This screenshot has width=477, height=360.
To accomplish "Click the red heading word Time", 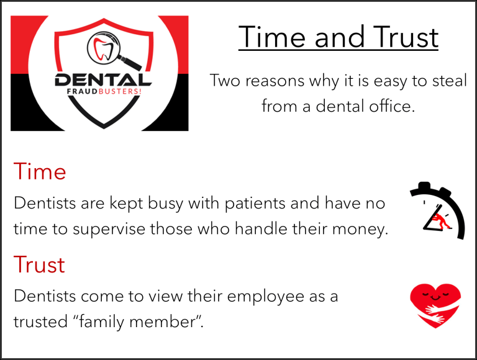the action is pos(40,171).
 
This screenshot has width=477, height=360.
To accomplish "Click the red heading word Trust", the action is pos(39,264).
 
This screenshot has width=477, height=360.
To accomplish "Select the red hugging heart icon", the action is pos(435,305).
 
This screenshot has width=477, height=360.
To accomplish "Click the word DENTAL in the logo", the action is pos(103,80).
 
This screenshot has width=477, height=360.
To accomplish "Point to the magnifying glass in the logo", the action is pos(113,50).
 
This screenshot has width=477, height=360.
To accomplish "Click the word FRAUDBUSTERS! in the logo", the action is pos(104,91).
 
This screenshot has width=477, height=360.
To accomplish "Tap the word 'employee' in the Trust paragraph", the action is pos(265,297).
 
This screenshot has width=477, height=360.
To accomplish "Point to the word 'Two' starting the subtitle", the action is pos(227,81).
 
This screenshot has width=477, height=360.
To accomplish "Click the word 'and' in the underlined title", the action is pos(339,37).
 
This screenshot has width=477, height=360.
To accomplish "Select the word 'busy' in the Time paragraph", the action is pos(165,204).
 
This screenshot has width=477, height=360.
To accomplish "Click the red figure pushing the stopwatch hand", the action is pos(441,220).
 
